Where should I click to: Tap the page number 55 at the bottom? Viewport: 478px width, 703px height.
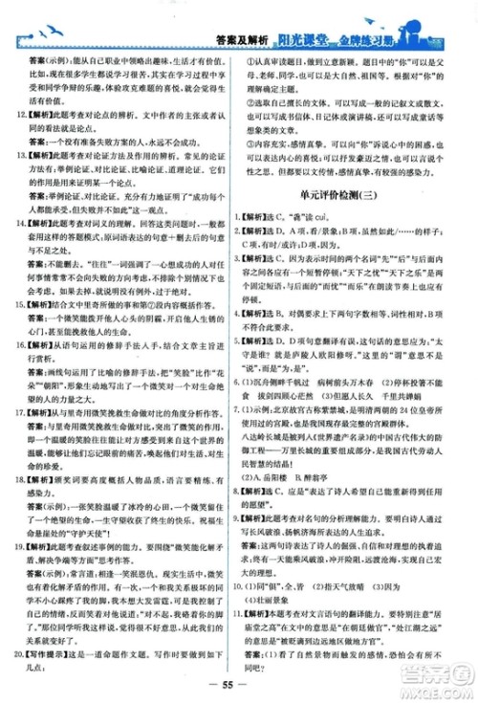click(239, 686)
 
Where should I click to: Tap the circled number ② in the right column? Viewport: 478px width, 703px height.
click(256, 103)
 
